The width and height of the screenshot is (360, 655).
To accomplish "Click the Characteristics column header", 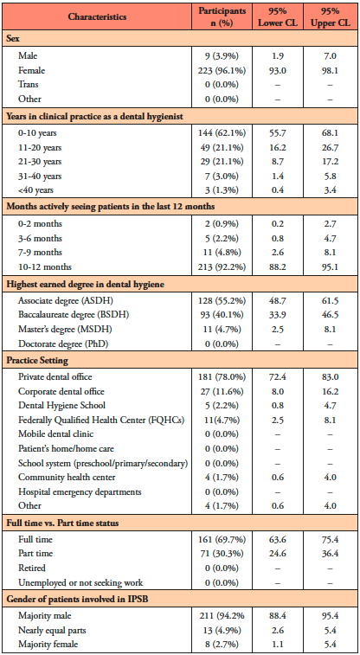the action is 97,17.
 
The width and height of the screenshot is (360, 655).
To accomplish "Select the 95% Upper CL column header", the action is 331,17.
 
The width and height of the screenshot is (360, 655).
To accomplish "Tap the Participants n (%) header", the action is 222,17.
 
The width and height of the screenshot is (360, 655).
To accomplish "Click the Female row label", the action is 31,71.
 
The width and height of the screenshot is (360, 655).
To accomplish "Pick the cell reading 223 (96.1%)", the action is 222,71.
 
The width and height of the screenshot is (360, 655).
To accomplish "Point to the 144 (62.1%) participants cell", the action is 222,133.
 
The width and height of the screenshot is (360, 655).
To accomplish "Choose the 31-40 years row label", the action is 40,176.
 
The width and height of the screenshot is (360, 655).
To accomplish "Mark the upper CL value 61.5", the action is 331,300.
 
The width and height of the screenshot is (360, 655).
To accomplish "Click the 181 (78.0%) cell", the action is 222,376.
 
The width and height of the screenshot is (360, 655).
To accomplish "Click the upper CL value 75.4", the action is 331,539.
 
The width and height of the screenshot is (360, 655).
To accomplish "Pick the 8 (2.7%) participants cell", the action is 222,643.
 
